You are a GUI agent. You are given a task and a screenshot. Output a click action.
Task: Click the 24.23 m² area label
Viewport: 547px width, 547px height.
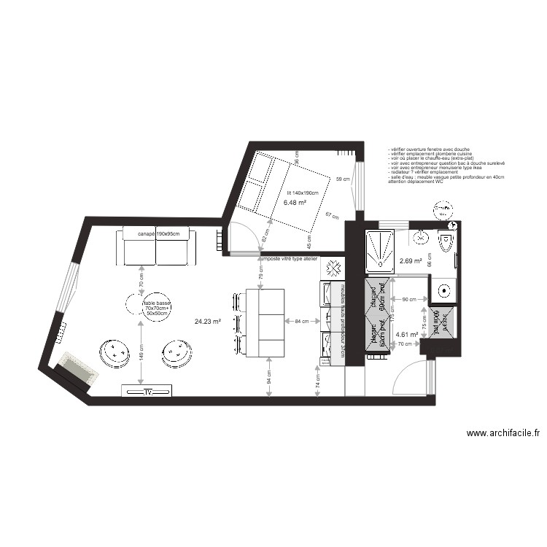[207, 320]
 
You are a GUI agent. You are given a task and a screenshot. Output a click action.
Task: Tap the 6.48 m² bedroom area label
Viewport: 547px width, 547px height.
[295, 203]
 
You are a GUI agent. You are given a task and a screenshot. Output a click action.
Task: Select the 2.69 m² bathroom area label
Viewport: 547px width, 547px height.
[410, 260]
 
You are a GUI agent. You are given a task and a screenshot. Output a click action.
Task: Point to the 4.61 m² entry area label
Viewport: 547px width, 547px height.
[406, 335]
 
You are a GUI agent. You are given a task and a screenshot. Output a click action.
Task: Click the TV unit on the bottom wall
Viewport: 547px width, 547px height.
[148, 392]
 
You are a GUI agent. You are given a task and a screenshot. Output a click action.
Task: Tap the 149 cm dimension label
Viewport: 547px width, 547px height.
[141, 354]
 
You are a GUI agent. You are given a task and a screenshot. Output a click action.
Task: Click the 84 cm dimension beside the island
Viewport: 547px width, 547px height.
[301, 320]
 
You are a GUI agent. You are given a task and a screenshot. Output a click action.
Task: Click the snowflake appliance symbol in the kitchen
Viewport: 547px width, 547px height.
[335, 268]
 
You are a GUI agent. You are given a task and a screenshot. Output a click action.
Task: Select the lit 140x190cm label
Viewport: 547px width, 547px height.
[302, 193]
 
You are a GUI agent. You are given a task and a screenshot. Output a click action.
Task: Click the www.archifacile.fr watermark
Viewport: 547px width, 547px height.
[503, 432]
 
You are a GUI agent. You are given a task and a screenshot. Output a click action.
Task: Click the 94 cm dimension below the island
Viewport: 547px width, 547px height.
[268, 377]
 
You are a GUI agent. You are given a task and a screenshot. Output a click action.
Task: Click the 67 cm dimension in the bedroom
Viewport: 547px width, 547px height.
[332, 216]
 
